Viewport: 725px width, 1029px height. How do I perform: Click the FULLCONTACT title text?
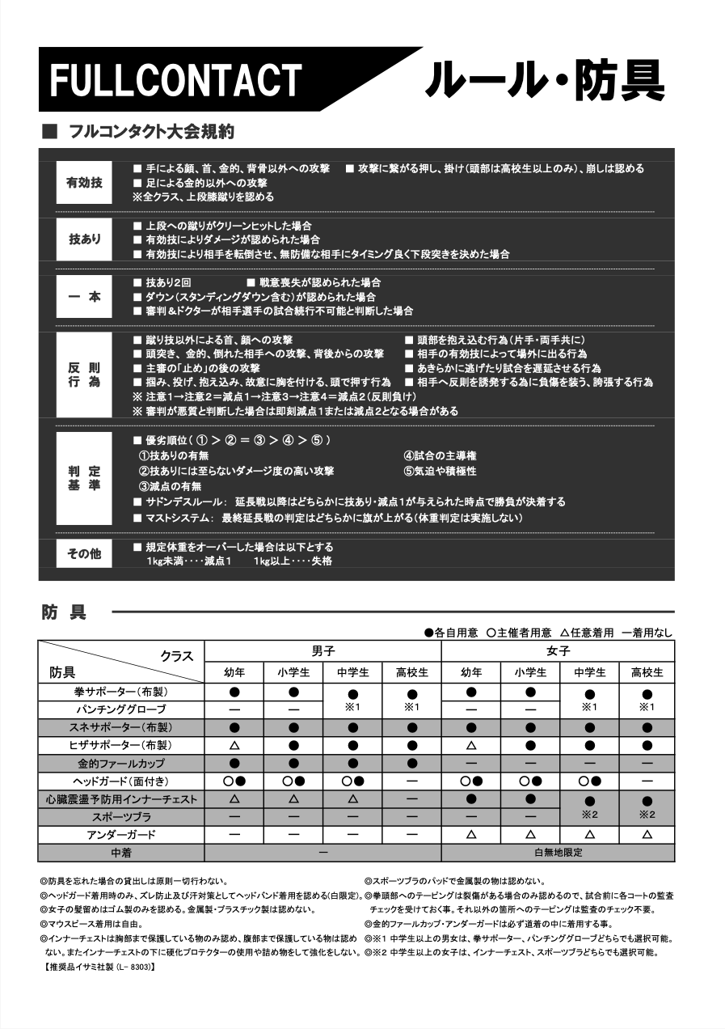(x=175, y=81)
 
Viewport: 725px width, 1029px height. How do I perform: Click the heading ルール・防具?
(x=544, y=80)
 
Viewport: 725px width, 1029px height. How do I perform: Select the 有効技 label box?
(x=85, y=183)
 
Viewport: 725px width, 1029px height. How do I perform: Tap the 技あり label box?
(x=85, y=239)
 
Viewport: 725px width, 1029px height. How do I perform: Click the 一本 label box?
(x=85, y=296)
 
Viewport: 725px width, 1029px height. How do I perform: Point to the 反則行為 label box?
(x=85, y=375)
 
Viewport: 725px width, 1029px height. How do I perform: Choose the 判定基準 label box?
(x=85, y=478)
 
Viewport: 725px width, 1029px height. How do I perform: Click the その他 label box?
(x=85, y=554)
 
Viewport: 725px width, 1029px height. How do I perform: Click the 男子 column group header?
(x=322, y=651)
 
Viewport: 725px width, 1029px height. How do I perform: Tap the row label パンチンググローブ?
(x=121, y=709)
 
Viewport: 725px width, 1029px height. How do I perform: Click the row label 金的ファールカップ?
(x=121, y=763)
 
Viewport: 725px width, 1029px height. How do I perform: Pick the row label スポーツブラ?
(x=121, y=817)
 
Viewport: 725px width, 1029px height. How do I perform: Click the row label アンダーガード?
(x=121, y=835)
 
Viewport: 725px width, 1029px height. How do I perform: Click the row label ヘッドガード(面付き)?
(x=121, y=781)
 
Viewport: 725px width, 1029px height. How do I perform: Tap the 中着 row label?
(x=121, y=853)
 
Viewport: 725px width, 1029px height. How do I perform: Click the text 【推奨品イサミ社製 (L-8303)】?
(x=96, y=967)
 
